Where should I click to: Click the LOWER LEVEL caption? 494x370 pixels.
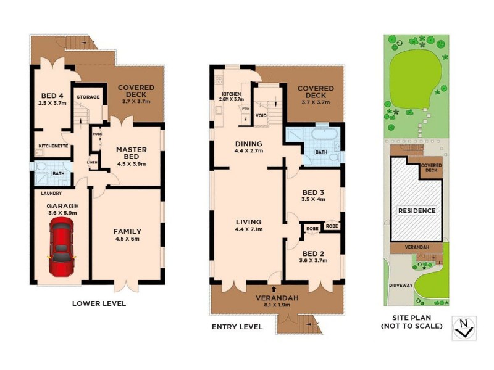pos(99,303)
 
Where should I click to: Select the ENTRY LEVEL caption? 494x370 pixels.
pos(237,326)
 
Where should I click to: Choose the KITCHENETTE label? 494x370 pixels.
pos(53,146)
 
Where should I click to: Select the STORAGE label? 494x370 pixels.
pos(88,97)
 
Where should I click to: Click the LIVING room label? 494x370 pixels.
pos(249,222)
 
